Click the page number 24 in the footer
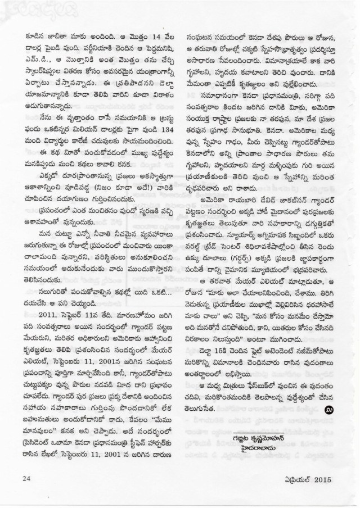24,479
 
